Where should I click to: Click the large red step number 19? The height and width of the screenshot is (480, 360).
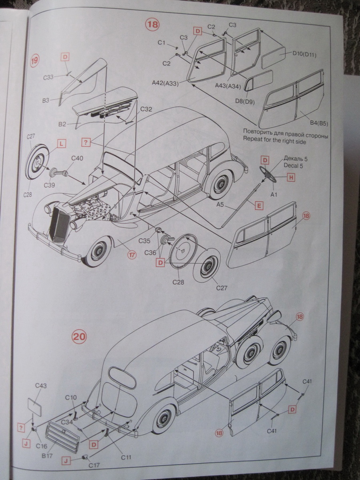pos(35,61)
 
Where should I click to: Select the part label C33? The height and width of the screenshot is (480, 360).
pos(48,77)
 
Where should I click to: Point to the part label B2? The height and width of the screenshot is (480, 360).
pos(62,124)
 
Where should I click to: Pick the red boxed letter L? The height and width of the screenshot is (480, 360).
pos(61,144)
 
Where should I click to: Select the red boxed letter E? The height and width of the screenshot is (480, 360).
pos(259,206)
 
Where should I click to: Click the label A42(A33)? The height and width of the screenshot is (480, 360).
pos(165,83)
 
